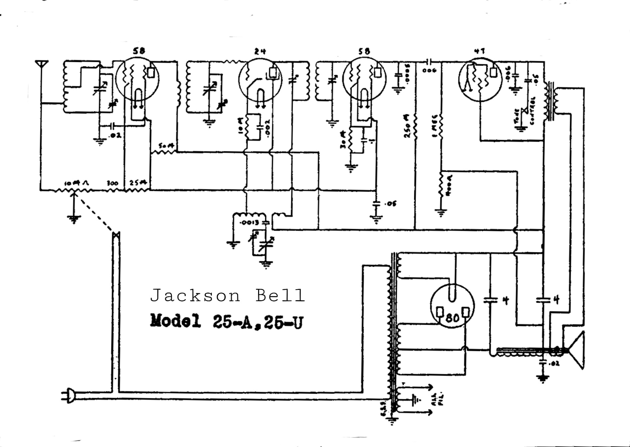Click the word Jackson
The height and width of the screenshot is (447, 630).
(x=195, y=296)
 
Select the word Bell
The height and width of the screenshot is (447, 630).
(x=280, y=296)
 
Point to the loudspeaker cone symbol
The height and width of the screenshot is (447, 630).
(x=577, y=350)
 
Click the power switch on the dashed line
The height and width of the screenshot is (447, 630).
(x=116, y=235)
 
